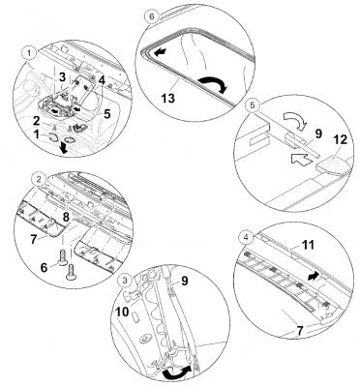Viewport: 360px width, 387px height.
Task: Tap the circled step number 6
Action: click(x=153, y=16)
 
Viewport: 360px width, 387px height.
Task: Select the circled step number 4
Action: click(x=247, y=238)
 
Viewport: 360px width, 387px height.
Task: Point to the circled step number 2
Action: click(x=39, y=179)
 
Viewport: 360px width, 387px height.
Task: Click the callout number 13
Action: click(x=168, y=98)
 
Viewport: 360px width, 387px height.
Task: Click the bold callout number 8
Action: click(x=66, y=217)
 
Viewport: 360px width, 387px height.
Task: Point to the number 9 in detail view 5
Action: click(x=318, y=134)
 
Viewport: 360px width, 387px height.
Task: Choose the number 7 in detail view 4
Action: click(x=299, y=331)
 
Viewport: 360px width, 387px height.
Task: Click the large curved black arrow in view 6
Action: click(x=213, y=81)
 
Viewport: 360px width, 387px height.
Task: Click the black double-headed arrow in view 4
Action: click(x=315, y=276)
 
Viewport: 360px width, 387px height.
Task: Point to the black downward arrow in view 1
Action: click(x=65, y=148)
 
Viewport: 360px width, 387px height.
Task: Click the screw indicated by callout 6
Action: click(x=62, y=257)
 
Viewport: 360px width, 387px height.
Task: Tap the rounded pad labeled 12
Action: click(x=333, y=166)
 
